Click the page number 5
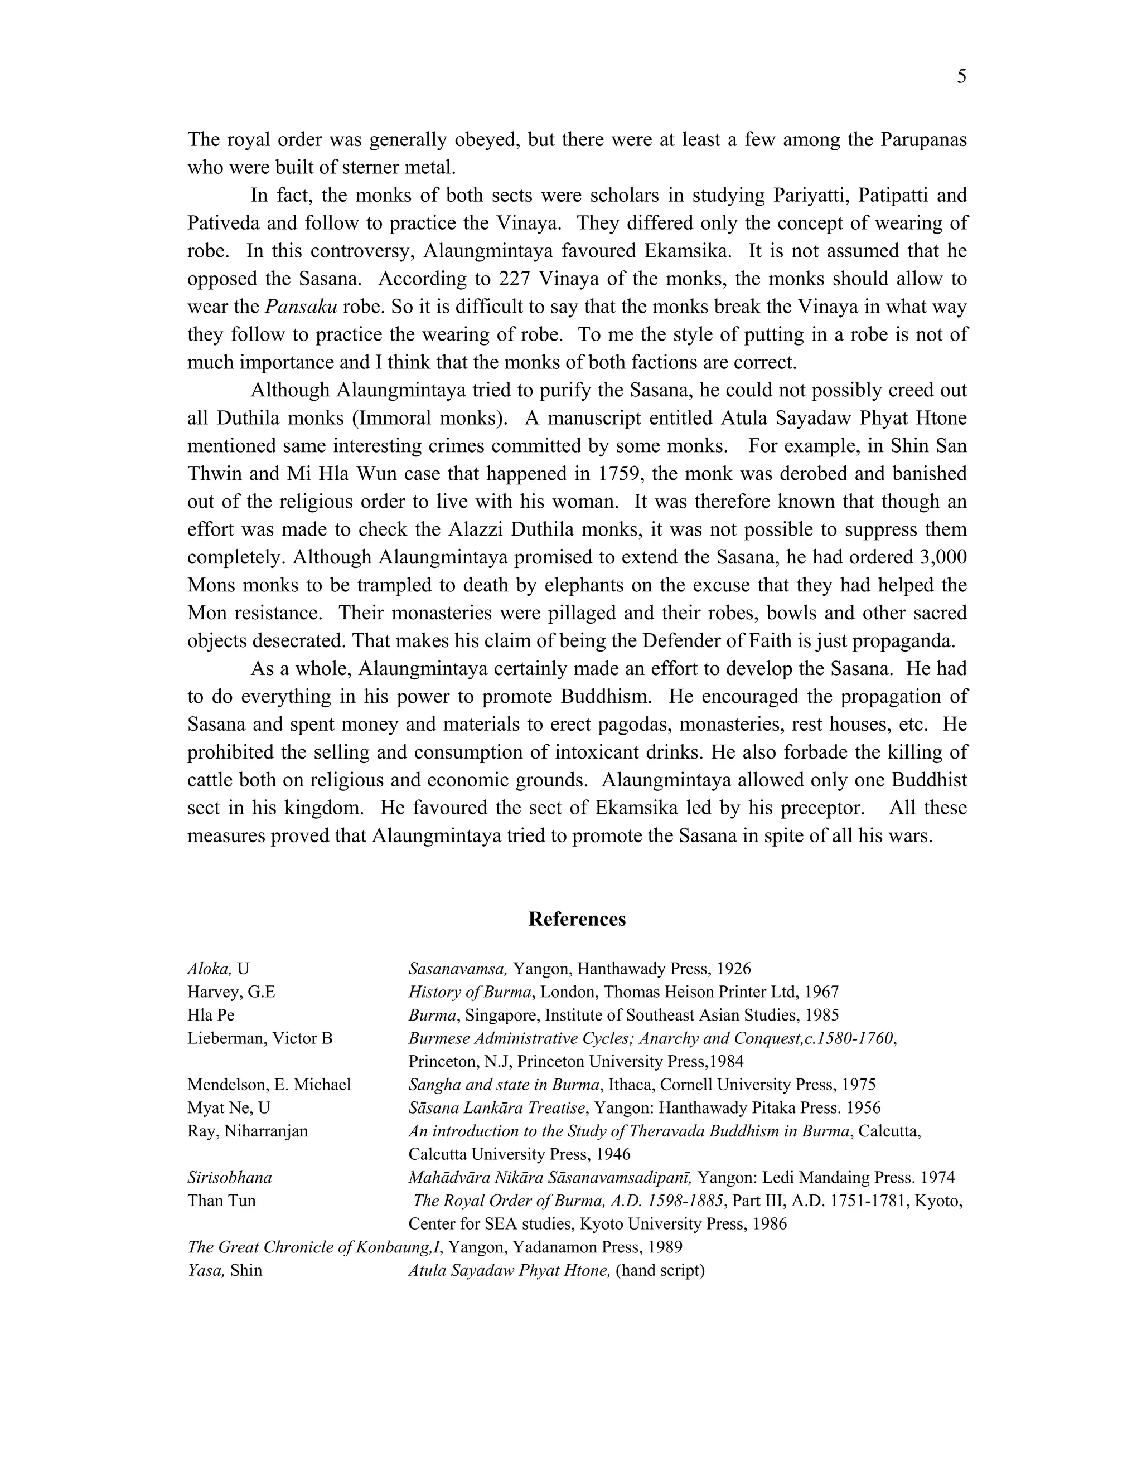[961, 77]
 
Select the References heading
[577, 919]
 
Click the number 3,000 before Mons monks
[940, 557]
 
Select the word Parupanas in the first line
[923, 139]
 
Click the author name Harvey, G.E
[231, 992]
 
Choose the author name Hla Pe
[211, 1015]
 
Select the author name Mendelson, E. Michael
[269, 1085]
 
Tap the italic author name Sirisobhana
[229, 1177]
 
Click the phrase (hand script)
[660, 1270]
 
